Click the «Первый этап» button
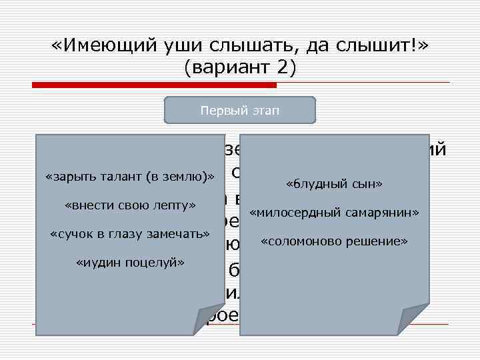240,110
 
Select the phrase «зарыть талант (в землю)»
130,177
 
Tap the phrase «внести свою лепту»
130,205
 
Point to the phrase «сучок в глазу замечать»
130,234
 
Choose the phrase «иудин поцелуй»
130,263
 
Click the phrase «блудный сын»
334,183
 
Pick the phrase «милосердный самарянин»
334,213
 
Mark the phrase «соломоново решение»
334,241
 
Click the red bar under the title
153,85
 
